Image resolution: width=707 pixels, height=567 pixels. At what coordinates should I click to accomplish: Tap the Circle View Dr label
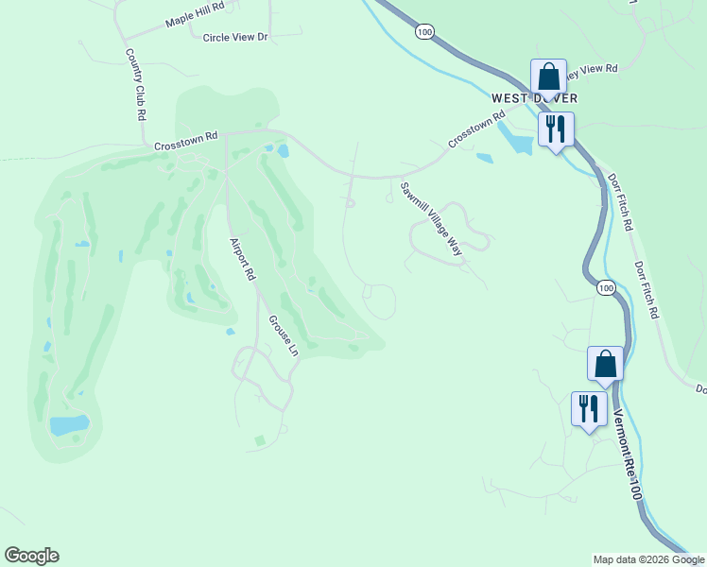[235, 37]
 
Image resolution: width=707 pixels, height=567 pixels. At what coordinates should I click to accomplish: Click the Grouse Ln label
[283, 335]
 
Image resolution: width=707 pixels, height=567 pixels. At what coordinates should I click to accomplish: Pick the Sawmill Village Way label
[431, 220]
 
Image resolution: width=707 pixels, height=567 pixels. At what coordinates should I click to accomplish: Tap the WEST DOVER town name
[534, 98]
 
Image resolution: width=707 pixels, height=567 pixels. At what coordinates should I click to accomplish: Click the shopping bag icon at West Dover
[548, 76]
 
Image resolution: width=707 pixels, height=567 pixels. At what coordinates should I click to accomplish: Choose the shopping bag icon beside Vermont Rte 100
[605, 363]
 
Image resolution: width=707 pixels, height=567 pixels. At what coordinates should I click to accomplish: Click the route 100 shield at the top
[425, 32]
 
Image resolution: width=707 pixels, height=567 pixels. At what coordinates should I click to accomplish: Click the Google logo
[31, 556]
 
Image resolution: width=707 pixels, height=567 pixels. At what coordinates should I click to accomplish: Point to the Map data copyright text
[648, 559]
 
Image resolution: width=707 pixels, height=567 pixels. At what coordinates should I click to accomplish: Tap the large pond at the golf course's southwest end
[69, 424]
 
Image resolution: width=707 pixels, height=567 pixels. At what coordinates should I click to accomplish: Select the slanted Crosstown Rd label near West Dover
[472, 131]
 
